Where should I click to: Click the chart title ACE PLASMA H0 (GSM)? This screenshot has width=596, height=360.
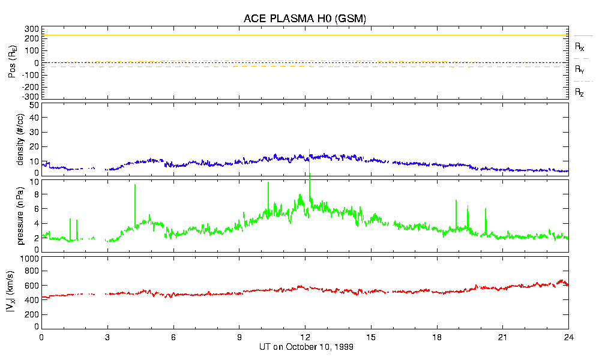(x=304, y=19)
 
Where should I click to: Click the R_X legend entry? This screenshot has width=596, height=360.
(x=580, y=46)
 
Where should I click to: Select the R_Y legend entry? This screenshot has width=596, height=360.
(x=580, y=70)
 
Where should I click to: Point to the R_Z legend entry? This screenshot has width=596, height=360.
(x=580, y=92)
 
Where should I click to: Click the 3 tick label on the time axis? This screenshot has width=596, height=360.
(x=107, y=337)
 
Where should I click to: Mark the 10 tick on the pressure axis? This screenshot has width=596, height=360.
(x=34, y=181)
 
